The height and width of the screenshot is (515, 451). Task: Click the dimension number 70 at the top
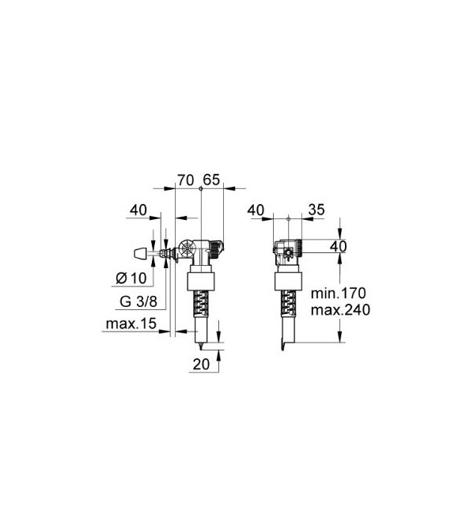click(x=186, y=180)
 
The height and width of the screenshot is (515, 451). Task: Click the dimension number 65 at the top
click(x=211, y=180)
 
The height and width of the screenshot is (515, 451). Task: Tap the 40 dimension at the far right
click(x=339, y=247)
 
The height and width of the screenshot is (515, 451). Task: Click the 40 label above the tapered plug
click(x=138, y=210)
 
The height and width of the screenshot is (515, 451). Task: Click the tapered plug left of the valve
click(x=138, y=253)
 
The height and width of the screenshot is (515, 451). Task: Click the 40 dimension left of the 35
click(x=256, y=210)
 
